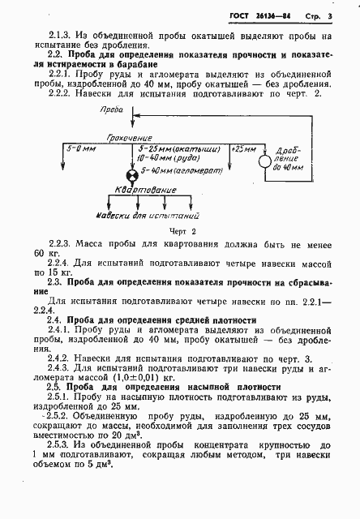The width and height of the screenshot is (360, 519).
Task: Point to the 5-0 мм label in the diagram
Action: pos(79,150)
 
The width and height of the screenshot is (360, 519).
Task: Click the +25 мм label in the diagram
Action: pos(245,150)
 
